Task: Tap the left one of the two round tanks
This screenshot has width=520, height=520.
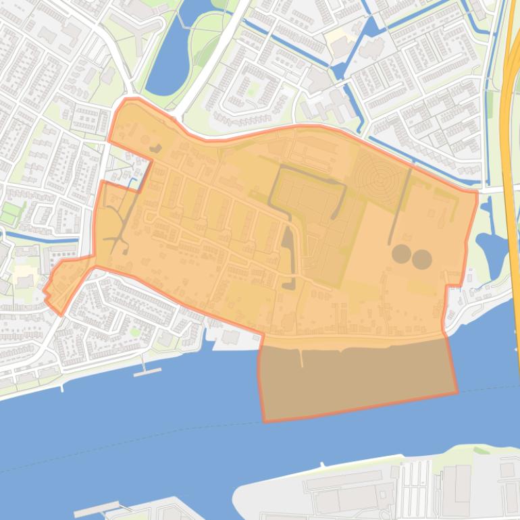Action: pyautogui.click(x=401, y=254)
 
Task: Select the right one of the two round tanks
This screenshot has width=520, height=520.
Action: pyautogui.click(x=422, y=259)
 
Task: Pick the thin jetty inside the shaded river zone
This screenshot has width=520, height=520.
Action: pyautogui.click(x=301, y=359)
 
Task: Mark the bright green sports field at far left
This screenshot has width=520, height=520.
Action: pyautogui.click(x=10, y=213)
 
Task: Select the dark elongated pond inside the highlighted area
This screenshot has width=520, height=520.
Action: pyautogui.click(x=288, y=257)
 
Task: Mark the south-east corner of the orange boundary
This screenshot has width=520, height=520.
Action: pyautogui.click(x=457, y=392)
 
